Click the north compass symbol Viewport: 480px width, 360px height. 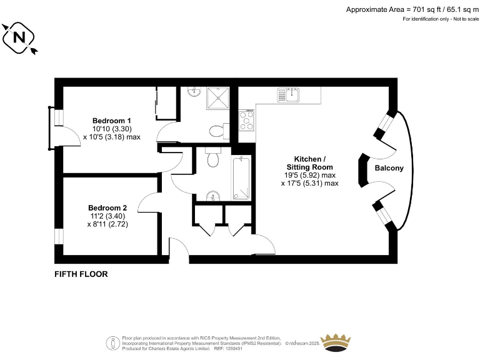19,38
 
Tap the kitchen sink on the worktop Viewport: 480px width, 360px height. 290,95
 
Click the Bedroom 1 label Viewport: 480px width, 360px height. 111,121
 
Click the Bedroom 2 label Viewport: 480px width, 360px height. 107,208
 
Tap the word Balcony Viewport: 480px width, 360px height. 389,168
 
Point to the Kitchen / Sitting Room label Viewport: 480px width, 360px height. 309,163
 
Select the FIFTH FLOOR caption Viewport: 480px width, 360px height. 81,274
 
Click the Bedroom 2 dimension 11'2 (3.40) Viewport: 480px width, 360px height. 107,216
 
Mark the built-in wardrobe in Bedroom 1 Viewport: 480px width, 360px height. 166,103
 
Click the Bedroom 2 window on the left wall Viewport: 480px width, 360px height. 58,236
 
